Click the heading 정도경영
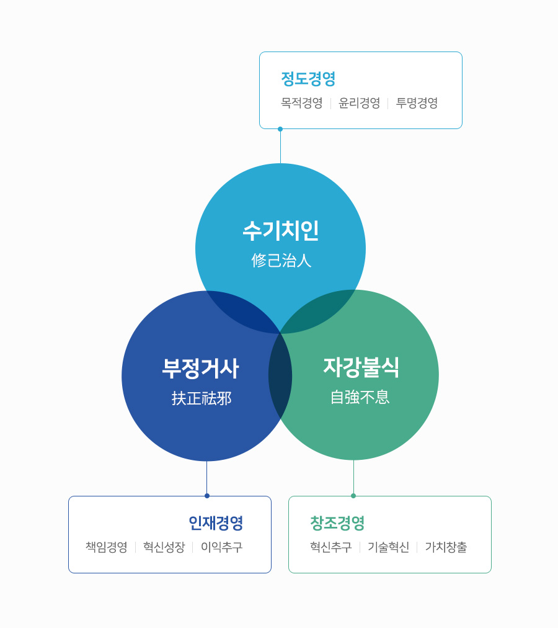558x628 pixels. click(x=308, y=79)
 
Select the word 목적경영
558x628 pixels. click(x=302, y=104)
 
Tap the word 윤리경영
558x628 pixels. click(x=360, y=104)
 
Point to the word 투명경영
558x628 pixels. click(x=417, y=104)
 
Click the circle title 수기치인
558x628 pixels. click(x=281, y=231)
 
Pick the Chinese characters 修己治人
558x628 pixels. click(x=281, y=261)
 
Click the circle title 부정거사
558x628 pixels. click(x=200, y=369)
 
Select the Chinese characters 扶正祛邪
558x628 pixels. click(x=201, y=398)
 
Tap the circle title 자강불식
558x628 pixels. click(x=361, y=367)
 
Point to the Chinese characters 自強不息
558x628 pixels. click(x=360, y=397)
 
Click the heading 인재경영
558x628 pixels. click(x=216, y=523)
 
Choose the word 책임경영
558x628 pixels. click(x=107, y=547)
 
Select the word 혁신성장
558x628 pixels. click(x=164, y=547)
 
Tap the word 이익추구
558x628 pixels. click(x=222, y=547)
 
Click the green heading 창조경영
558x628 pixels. click(x=337, y=523)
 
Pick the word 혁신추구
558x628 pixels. click(x=331, y=547)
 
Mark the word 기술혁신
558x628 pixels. click(x=388, y=547)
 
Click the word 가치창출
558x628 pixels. click(x=446, y=547)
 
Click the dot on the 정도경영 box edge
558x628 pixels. click(x=280, y=129)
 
